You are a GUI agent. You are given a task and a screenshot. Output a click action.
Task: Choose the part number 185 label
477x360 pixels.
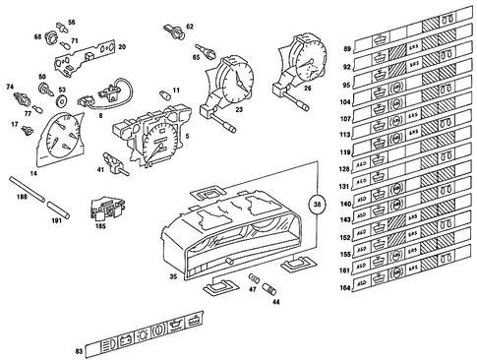(x=100, y=225)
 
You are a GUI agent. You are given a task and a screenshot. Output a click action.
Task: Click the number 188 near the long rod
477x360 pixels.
(x=22, y=198)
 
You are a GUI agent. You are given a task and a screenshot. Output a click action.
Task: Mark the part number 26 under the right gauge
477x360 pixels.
(x=308, y=89)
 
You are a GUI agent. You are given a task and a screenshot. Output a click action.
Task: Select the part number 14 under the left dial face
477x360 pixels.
(x=33, y=173)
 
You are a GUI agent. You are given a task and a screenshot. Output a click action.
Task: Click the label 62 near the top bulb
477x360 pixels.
(x=191, y=27)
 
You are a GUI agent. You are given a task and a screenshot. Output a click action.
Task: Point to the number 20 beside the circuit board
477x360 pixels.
(x=121, y=46)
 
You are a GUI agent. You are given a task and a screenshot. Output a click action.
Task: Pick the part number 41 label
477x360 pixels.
(x=101, y=169)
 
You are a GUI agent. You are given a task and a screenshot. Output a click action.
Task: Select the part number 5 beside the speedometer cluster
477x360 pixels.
(x=188, y=135)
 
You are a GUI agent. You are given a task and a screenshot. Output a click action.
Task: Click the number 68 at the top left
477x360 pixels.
(x=37, y=36)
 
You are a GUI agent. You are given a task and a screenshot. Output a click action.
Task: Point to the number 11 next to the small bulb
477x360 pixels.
(x=176, y=90)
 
